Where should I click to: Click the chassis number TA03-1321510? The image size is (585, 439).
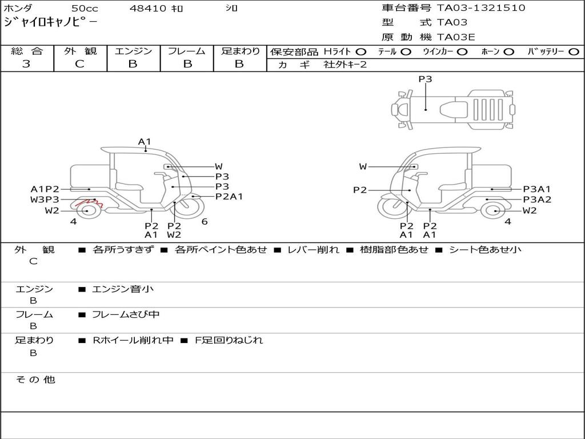(x=481, y=8)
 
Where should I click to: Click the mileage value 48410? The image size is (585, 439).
(x=147, y=9)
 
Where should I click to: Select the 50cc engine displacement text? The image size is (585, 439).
(x=84, y=9)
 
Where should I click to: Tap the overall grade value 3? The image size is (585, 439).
(x=26, y=64)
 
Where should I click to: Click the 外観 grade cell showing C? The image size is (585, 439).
(x=79, y=64)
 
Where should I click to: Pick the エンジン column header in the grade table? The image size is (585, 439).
(x=133, y=51)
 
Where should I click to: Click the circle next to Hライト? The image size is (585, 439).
(x=361, y=51)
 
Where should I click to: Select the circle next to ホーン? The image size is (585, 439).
(x=509, y=51)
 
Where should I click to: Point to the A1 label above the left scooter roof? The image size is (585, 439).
(x=145, y=142)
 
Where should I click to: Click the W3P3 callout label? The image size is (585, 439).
(x=45, y=199)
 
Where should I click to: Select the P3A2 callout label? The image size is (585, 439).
(x=537, y=199)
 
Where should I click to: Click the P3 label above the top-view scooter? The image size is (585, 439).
(x=425, y=79)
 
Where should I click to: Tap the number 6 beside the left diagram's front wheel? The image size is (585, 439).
(x=204, y=222)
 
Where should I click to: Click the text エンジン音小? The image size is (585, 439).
(x=123, y=289)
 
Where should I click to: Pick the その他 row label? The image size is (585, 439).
(x=35, y=380)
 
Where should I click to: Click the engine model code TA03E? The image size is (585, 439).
(x=456, y=37)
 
